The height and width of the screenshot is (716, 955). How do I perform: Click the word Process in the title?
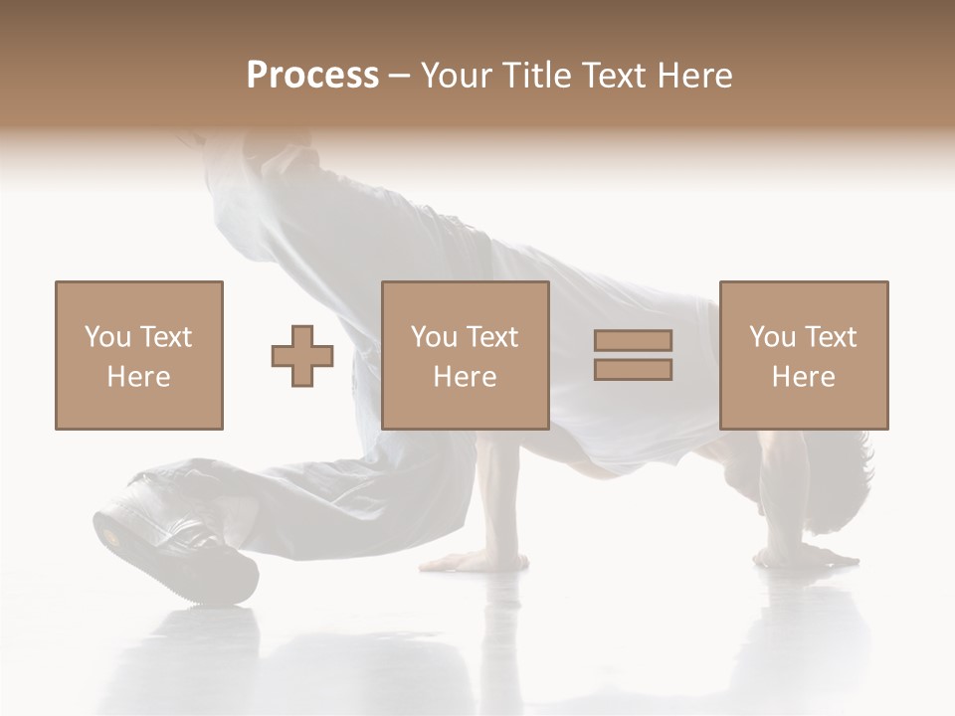click(x=312, y=75)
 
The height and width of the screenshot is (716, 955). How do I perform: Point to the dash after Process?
click(x=399, y=76)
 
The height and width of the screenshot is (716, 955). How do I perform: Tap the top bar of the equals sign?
click(x=633, y=341)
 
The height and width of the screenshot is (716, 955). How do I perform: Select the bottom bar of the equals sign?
click(x=633, y=369)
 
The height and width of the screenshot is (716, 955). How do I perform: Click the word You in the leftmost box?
click(x=107, y=337)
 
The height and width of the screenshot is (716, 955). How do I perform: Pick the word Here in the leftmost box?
click(x=138, y=377)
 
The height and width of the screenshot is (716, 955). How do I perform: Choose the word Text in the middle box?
click(x=492, y=337)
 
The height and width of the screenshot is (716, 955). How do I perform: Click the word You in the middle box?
click(x=434, y=337)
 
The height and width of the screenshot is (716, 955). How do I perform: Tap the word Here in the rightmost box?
click(x=804, y=377)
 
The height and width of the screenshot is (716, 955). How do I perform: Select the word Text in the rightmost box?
click(x=831, y=337)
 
